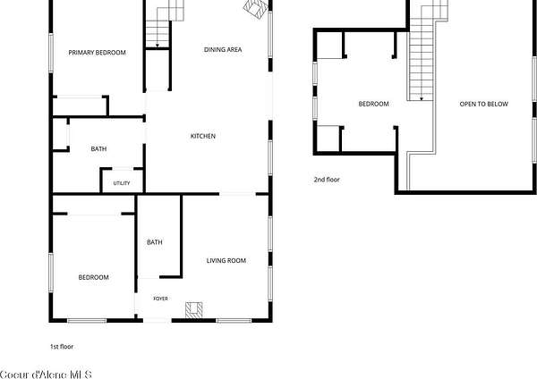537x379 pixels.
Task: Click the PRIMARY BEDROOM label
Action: (97, 53)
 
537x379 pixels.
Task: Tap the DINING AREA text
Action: (223, 49)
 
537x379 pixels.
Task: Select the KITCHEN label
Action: (203, 136)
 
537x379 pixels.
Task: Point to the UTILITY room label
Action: (122, 183)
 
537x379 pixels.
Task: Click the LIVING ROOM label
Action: (226, 261)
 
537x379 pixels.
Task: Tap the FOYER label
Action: (160, 299)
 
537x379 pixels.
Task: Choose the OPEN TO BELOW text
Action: (483, 104)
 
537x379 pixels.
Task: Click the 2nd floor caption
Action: (327, 180)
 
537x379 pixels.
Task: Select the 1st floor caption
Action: (62, 347)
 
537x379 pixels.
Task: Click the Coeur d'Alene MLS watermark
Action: (46, 375)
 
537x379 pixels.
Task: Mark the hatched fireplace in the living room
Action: (194, 310)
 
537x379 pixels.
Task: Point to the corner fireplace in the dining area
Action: (256, 8)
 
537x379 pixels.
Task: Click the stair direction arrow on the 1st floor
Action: (158, 45)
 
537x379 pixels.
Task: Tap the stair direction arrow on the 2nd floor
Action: (422, 98)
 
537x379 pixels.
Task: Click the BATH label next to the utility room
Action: (98, 148)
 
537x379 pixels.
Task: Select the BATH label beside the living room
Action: (155, 242)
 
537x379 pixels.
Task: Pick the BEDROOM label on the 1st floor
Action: (93, 277)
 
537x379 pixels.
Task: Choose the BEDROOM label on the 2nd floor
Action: (373, 104)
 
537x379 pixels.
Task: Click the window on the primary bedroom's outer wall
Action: (51, 53)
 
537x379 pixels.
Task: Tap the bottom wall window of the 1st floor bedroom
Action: (87, 321)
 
